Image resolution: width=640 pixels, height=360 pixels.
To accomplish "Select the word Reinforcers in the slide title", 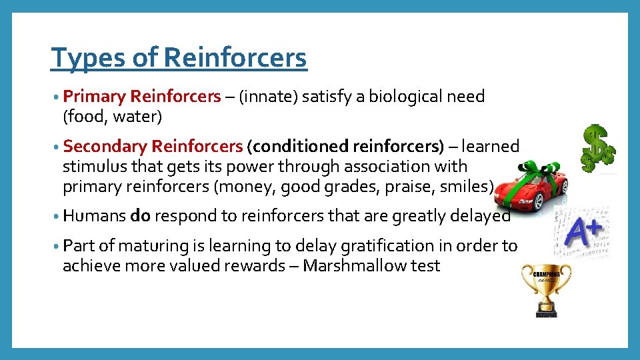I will tap(235, 58).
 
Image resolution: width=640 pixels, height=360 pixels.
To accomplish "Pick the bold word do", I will tap(141, 216).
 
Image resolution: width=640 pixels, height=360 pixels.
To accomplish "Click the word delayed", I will tap(479, 216).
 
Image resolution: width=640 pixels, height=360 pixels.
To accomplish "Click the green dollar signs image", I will tap(597, 148).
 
